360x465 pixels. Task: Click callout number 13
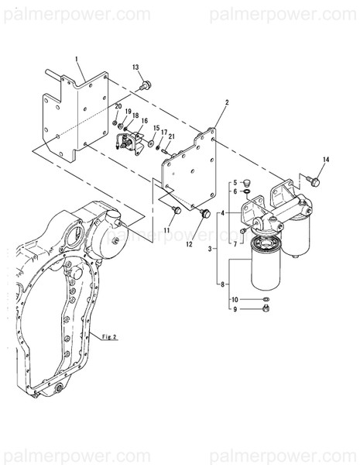[x=137, y=67]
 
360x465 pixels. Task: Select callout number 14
[x=326, y=160]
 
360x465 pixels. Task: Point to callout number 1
[x=78, y=59]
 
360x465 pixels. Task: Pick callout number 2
[x=227, y=102]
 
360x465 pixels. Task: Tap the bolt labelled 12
[x=205, y=212]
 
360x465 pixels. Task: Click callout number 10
[x=235, y=299]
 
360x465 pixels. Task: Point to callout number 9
[x=235, y=310]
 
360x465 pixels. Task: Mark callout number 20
[x=118, y=106]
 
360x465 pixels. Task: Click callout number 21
[x=172, y=136]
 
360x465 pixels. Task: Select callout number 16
[x=144, y=121]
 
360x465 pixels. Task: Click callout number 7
[x=235, y=243]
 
